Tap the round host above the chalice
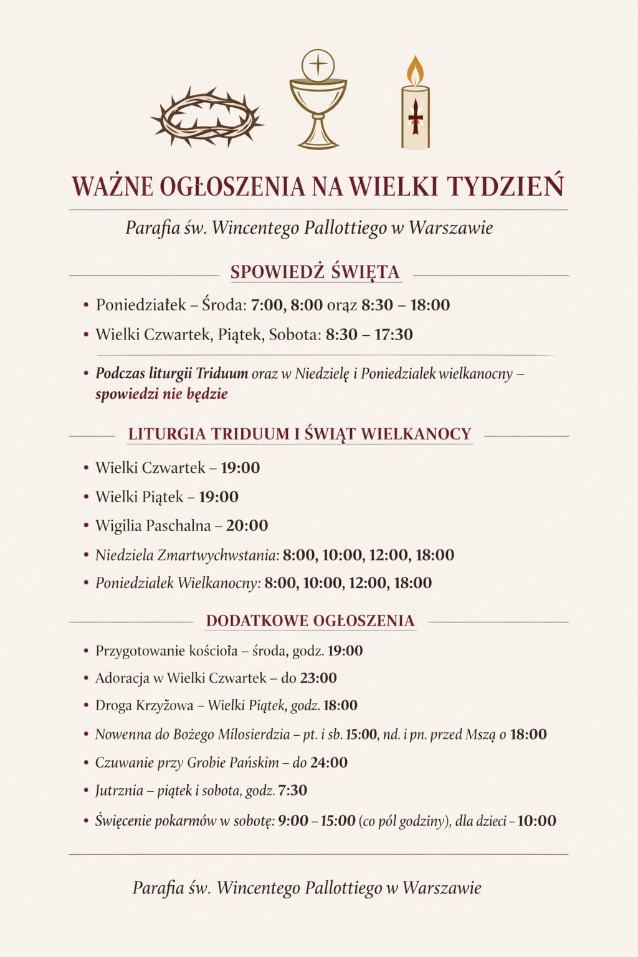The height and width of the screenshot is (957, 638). pos(318,64)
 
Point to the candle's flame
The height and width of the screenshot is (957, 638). pos(415,70)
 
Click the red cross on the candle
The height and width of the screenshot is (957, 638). pos(415,117)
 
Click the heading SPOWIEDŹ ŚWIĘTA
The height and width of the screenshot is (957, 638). pos(315,272)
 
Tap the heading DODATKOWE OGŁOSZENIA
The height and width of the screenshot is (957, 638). pos(310,621)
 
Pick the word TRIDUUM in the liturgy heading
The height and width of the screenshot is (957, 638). pos(250,434)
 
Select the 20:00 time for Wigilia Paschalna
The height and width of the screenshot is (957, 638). pos(247,526)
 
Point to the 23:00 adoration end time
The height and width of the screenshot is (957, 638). pos(318,678)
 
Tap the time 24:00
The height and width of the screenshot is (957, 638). pos(328,763)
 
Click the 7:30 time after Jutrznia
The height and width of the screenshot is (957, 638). pos(292,791)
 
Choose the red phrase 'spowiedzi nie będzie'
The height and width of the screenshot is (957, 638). pos(161,394)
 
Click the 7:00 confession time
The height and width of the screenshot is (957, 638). pos(267,305)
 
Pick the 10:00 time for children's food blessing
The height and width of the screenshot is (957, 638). pos(536,821)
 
